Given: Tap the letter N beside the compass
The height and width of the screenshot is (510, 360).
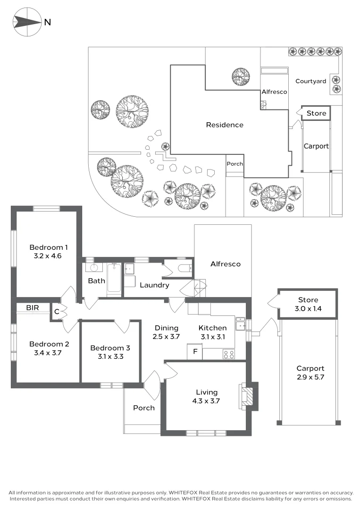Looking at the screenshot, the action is tap(48, 21).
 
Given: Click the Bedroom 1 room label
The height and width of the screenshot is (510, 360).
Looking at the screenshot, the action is tap(49, 247).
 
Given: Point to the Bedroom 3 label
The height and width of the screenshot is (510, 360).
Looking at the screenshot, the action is tap(110, 348).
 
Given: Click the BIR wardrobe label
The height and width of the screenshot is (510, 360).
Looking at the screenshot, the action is tap(33, 307).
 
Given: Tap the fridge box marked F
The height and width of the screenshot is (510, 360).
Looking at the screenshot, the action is tap(195, 352).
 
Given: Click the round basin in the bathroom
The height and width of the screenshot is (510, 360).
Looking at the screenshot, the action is tap(92, 268).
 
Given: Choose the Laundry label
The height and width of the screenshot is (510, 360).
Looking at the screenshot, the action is tap(154, 285).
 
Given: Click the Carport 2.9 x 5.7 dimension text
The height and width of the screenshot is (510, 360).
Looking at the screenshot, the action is tap(310, 377).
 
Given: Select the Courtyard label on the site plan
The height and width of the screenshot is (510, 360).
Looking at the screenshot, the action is tap(310, 81).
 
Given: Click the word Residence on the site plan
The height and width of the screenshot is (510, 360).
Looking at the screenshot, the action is tap(225, 125).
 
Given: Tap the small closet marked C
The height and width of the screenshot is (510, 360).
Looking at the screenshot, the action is tap(57, 311).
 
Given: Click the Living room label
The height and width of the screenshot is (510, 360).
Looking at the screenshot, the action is tap(207, 392).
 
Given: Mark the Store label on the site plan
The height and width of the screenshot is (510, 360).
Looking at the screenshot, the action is tap(316, 113).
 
